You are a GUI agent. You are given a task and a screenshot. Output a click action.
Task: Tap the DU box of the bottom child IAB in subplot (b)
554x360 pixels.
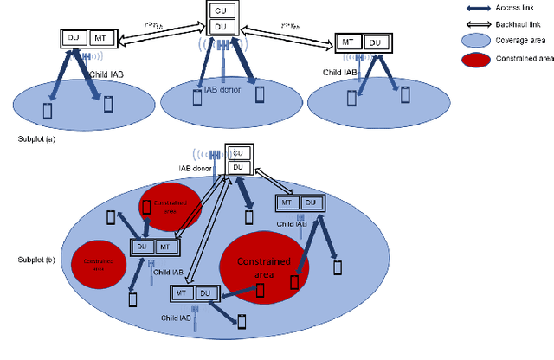(x=204, y=293)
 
